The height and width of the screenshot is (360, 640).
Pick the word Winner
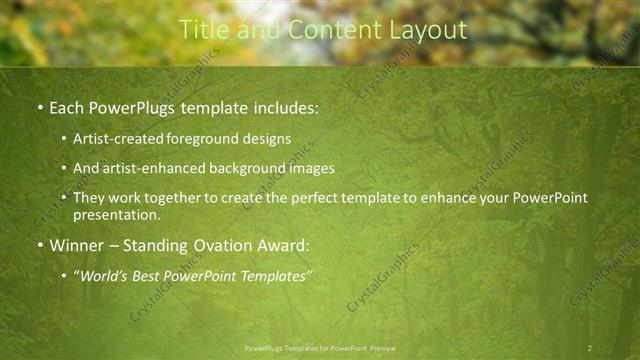(79, 244)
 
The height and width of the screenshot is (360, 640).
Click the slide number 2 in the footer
(590, 348)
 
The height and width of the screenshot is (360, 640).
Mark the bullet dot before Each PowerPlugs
(39, 106)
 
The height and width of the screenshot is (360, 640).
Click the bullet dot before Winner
(39, 244)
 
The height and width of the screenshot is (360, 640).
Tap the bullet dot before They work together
(65, 198)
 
